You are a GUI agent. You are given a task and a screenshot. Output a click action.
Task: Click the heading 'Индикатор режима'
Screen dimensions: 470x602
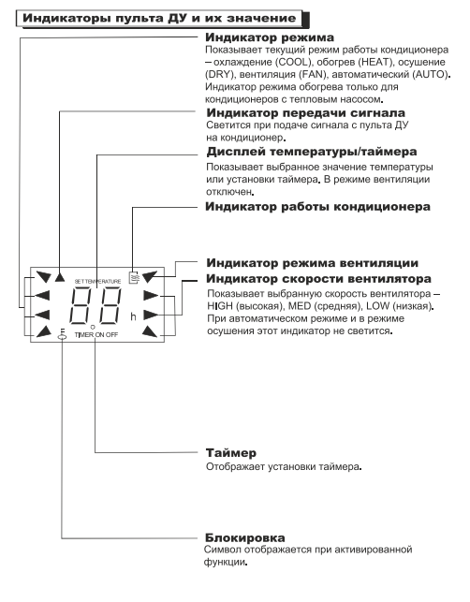pos(270,37)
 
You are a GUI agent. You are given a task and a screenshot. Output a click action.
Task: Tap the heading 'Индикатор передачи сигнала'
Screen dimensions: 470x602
pos(305,113)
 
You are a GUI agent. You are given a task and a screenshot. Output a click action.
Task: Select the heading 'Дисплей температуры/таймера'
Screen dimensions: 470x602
pos(312,152)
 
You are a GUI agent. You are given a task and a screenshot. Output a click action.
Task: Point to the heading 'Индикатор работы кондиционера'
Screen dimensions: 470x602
pos(317,207)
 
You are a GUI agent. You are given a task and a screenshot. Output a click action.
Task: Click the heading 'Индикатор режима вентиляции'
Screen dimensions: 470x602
pos(312,263)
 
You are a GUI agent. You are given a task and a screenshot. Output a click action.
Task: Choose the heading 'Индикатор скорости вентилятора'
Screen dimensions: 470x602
pos(318,279)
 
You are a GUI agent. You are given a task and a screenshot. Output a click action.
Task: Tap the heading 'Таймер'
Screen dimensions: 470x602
pos(230,452)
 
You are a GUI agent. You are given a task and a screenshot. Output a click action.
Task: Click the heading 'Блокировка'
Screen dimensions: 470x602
pos(244,537)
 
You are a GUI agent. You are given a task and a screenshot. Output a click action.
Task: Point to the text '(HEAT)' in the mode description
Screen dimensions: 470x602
pos(375,62)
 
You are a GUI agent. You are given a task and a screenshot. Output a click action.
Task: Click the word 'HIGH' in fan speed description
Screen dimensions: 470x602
pos(220,306)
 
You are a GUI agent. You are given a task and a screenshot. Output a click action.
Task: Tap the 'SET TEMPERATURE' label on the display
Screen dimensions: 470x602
pos(97,282)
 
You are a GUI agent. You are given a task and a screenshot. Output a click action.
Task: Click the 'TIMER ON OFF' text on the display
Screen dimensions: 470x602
pos(96,335)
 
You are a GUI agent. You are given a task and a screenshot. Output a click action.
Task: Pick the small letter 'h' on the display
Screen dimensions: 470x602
pos(133,316)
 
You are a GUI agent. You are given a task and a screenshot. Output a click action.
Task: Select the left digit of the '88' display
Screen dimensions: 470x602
pos(83,306)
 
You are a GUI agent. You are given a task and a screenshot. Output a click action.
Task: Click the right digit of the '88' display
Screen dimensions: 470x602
pos(110,306)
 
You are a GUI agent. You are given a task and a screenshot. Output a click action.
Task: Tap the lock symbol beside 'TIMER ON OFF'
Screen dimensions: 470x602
pos(62,335)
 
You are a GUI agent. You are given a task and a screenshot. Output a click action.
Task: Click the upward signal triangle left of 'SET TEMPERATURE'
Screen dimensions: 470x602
pos(60,277)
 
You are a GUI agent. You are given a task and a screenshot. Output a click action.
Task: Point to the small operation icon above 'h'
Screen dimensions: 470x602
pos(134,277)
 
